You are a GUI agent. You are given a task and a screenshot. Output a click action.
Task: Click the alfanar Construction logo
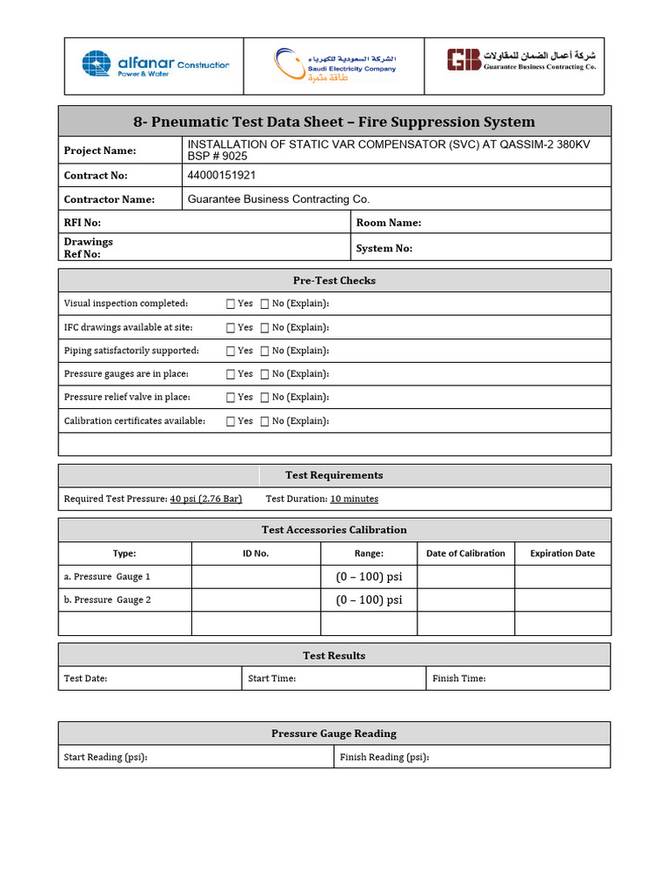[x=156, y=64]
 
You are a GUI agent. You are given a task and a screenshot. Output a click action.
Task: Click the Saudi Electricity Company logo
[x=334, y=65]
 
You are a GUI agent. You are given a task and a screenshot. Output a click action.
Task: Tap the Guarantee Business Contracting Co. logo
[x=521, y=60]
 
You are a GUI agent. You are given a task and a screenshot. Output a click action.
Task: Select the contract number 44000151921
[x=222, y=175]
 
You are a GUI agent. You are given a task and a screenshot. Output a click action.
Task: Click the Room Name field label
[x=388, y=223]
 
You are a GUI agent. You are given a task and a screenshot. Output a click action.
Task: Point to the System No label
[x=384, y=248]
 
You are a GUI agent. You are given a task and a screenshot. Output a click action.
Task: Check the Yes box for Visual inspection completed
[x=230, y=304]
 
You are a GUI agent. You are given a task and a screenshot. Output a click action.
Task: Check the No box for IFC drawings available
[x=264, y=328]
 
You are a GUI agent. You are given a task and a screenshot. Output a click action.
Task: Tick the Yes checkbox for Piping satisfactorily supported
[x=230, y=351]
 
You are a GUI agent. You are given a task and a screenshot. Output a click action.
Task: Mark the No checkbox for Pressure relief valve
[x=264, y=398]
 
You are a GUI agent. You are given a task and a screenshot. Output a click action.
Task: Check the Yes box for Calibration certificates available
[x=230, y=421]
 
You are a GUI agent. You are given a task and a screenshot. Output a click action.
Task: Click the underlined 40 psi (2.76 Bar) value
[x=205, y=499]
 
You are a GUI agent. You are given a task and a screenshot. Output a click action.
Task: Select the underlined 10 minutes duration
[x=354, y=499]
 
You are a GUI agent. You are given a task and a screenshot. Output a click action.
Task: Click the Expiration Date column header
[x=563, y=553]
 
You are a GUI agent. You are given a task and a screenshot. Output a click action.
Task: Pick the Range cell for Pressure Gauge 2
[x=369, y=600]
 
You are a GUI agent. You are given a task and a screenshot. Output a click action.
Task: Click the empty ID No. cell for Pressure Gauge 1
[x=256, y=577]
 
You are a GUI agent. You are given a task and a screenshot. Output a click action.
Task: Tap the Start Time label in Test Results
[x=271, y=679]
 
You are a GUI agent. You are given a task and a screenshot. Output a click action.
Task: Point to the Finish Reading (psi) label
[x=384, y=757]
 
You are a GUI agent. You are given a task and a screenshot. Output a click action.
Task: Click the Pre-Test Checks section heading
[x=334, y=280]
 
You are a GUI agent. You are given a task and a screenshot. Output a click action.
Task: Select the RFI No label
[x=82, y=223]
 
